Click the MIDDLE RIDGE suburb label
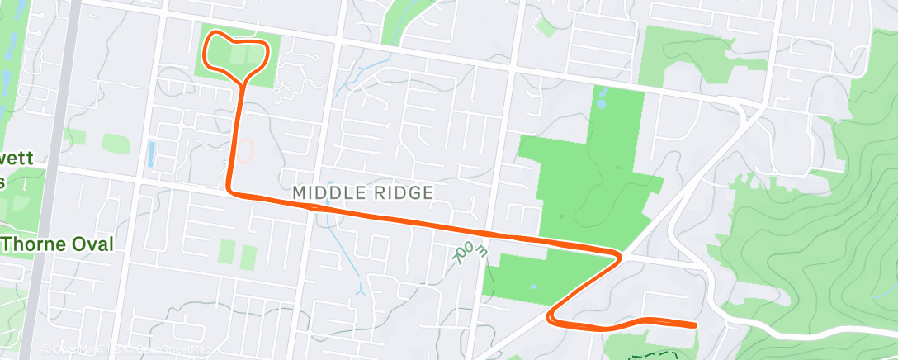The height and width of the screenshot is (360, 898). click(x=363, y=193)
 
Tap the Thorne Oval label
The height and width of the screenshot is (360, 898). click(x=56, y=244)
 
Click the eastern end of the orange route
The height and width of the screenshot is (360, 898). click(x=694, y=324)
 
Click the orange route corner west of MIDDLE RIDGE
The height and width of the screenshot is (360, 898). click(x=231, y=192)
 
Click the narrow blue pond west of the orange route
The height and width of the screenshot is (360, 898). click(x=151, y=153)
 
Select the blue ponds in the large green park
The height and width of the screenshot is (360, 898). click(x=600, y=98)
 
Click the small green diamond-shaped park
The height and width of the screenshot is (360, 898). click(x=544, y=26)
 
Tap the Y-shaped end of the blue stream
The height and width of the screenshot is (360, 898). click(x=361, y=291)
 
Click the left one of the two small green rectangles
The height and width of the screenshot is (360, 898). click(x=227, y=248)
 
